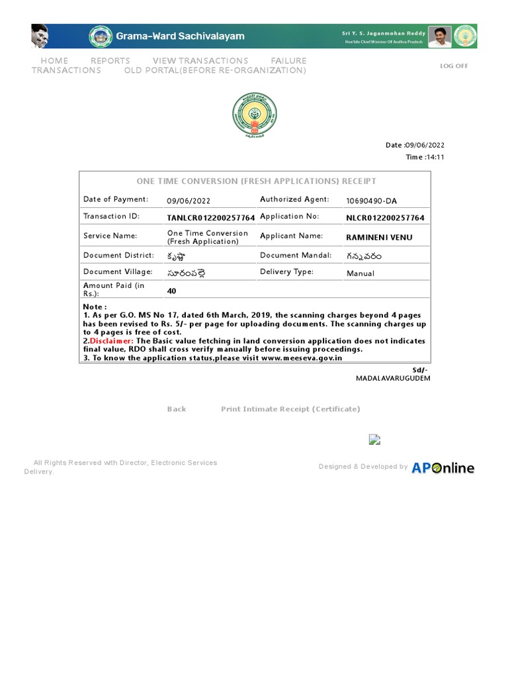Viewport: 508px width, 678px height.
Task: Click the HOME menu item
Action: (54, 61)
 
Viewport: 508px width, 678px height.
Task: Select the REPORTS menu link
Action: (110, 61)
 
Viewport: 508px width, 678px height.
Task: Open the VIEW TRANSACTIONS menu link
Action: (200, 61)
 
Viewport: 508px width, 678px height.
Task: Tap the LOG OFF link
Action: (454, 66)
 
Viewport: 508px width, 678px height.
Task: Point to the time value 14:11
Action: (435, 158)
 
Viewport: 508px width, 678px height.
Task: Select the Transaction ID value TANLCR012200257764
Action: (211, 218)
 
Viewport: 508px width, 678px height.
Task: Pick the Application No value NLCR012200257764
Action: (385, 218)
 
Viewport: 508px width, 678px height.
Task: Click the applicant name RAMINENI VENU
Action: (379, 237)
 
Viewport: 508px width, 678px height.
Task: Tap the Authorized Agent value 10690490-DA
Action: (371, 201)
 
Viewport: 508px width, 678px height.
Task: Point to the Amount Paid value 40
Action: (172, 291)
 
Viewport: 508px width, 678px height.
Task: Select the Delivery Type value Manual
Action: (360, 273)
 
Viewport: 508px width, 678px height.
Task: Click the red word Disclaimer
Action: (111, 341)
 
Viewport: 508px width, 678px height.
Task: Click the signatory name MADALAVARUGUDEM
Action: (393, 378)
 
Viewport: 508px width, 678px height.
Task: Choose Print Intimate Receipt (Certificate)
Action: (290, 409)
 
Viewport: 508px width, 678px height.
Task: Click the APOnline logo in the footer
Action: (443, 468)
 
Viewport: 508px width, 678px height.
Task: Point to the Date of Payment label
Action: (116, 199)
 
